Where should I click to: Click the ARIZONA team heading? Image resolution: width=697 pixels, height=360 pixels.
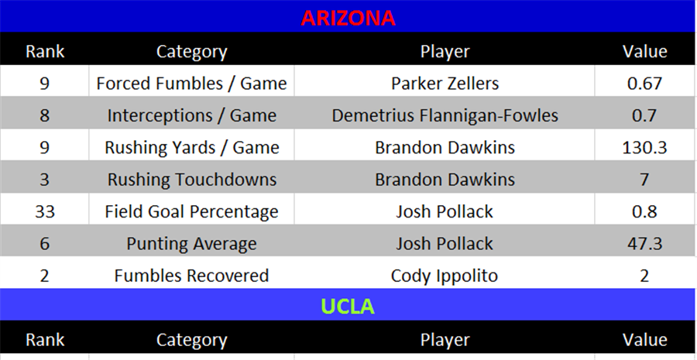348,18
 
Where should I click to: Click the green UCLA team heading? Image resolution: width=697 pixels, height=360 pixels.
348,307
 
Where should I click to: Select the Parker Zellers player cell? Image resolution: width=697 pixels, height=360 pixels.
445,83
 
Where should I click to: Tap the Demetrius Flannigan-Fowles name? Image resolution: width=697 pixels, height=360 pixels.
445,115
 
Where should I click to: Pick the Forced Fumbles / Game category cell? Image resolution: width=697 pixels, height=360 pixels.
191,83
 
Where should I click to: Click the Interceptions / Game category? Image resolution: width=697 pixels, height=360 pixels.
191,115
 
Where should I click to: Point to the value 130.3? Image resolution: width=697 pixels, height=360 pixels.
644,147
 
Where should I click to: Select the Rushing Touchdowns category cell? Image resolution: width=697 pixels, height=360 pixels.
191,180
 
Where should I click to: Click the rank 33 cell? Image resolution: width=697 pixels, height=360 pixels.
44,211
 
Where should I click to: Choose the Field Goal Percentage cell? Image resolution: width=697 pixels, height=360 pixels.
191,211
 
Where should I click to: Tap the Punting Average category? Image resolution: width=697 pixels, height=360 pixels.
191,243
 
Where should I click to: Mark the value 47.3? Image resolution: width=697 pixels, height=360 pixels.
644,243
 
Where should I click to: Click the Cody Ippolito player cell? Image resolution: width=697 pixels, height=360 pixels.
445,275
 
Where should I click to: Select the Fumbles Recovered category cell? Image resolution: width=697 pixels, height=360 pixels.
191,275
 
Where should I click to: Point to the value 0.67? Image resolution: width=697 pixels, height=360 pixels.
644,83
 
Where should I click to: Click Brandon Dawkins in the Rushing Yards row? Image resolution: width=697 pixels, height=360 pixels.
445,147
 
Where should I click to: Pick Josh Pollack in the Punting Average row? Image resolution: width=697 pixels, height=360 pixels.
445,243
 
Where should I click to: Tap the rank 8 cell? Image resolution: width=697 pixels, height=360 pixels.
44,115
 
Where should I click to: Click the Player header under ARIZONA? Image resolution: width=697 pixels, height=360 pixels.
445,52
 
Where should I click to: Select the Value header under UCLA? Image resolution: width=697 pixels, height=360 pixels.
644,339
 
